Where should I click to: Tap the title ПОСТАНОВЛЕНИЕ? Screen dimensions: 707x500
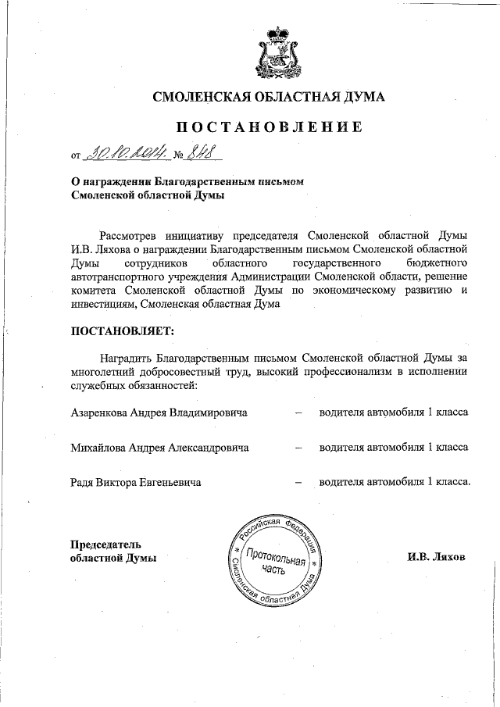(x=268, y=128)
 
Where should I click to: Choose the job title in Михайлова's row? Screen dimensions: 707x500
(x=393, y=447)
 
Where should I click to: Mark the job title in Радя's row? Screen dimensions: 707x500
(x=395, y=482)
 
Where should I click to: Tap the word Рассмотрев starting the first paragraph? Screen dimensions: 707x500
(x=132, y=234)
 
